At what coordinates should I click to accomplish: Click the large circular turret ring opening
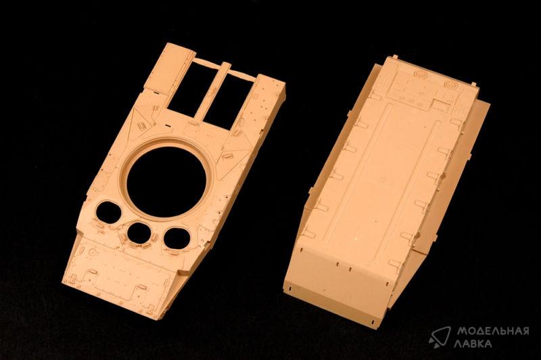[166, 181]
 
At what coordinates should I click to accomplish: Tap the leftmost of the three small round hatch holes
[108, 212]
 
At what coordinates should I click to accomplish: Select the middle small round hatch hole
[139, 232]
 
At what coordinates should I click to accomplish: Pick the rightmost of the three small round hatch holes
[177, 238]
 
